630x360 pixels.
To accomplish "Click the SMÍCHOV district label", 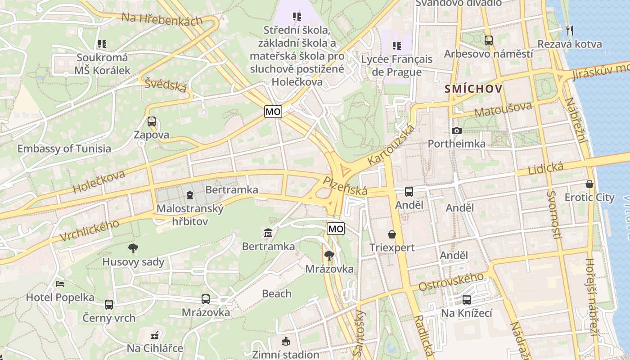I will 473,89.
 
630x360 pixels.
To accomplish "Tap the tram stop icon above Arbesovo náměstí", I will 489,40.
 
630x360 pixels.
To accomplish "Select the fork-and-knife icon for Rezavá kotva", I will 570,30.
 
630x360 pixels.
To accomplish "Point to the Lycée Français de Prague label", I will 396,65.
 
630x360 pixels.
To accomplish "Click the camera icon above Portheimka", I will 456,131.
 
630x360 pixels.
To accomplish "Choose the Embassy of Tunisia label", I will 64,148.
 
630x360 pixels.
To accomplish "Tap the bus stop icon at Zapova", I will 152,121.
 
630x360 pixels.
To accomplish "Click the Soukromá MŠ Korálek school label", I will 102,64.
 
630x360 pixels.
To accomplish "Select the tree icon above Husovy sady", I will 133,248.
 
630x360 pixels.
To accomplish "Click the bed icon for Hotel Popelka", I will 60,284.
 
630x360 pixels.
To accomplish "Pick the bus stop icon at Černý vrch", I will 109,305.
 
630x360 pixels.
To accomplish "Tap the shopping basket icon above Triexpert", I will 392,234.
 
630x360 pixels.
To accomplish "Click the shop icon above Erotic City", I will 589,184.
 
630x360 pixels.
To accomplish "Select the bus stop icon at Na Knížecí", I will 467,300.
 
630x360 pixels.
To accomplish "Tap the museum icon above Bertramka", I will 268,233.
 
